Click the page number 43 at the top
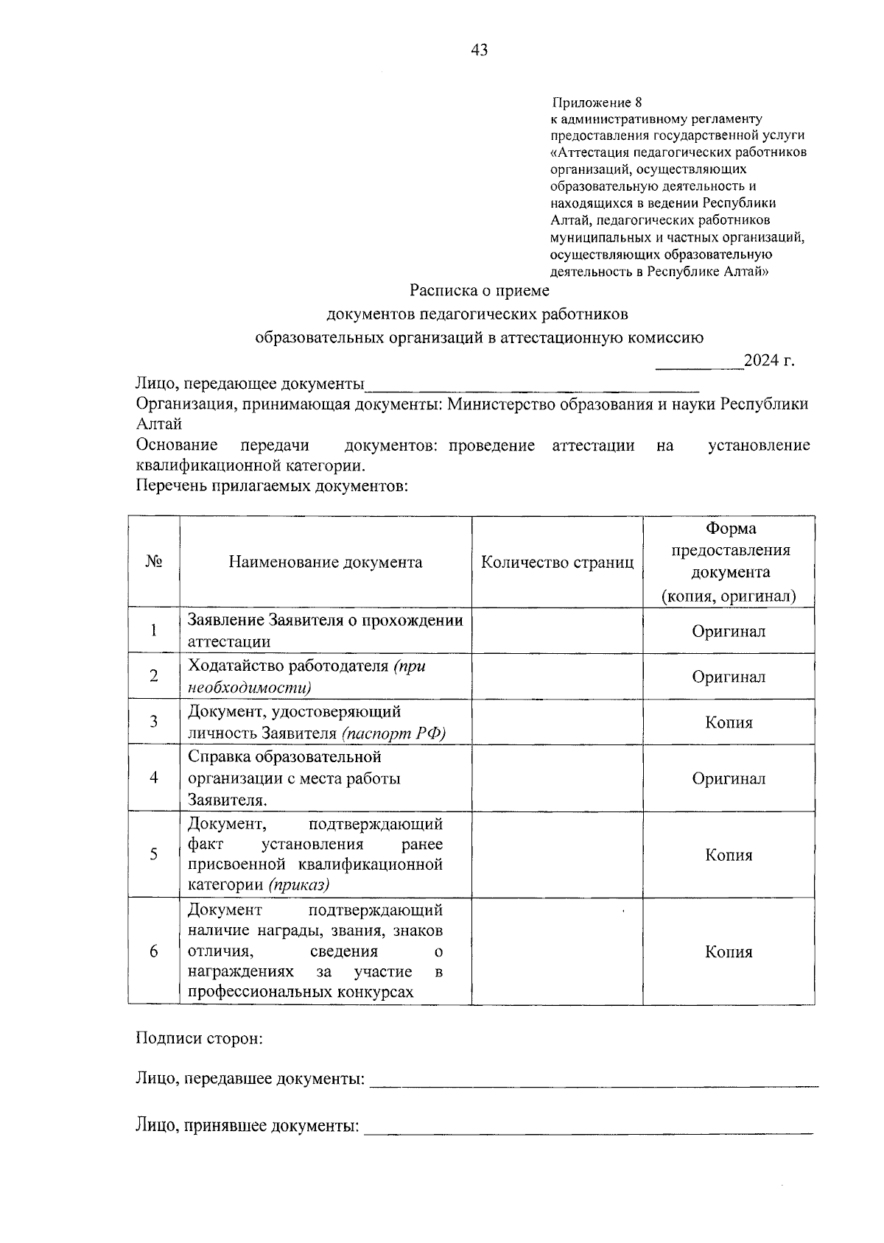479,50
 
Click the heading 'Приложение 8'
597,102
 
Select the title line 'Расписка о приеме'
480,291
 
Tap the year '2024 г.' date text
769,361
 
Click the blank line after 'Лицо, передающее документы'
532,385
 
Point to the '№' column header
154,562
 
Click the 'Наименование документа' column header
325,563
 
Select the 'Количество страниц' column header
557,563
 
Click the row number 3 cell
154,722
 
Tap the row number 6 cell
154,951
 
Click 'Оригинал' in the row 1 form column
729,631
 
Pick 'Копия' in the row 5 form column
729,855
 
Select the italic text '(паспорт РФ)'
393,733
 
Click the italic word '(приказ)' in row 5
298,885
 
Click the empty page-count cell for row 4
557,778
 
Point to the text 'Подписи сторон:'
199,1039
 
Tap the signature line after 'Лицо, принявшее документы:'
589,1128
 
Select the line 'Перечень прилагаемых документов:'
272,486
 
